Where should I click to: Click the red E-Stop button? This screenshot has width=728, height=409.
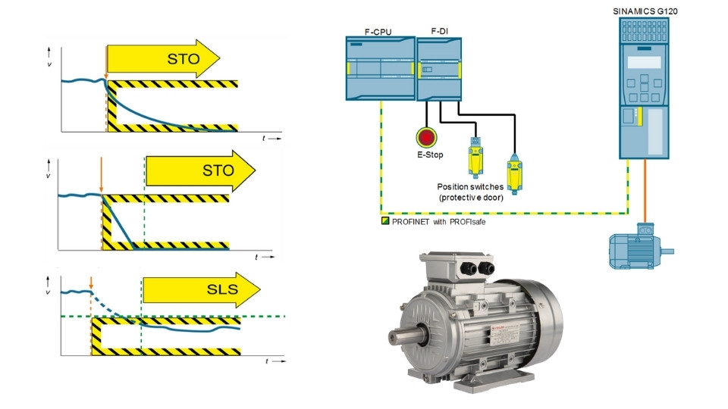[427, 137]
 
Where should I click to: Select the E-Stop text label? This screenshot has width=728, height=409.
[427, 155]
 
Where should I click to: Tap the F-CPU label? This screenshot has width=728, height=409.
[378, 31]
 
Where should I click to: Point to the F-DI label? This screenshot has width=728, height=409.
[439, 31]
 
